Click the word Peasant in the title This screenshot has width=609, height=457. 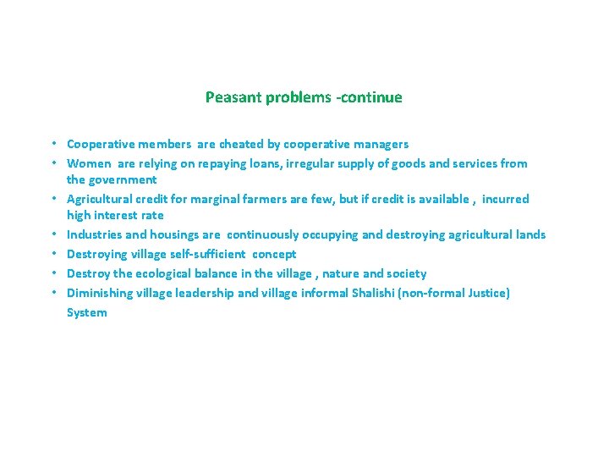233,97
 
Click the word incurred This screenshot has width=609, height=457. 505,199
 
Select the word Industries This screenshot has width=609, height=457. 94,234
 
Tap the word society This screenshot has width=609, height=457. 405,273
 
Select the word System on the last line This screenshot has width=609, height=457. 87,312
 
